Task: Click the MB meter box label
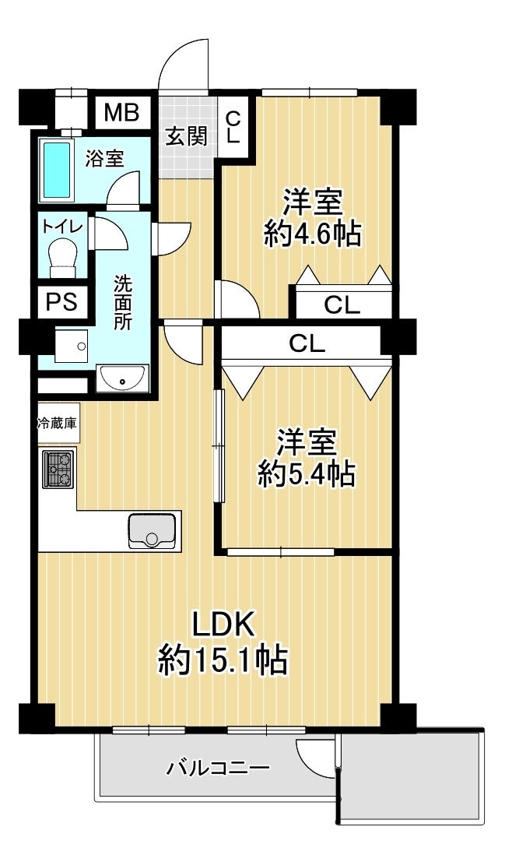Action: point(121,113)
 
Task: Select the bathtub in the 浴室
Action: point(57,170)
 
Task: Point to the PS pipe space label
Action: point(61,302)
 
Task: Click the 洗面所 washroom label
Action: point(122,301)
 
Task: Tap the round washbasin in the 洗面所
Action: point(122,378)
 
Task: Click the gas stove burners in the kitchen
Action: point(58,469)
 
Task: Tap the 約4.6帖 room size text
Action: point(312,234)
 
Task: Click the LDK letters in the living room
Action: point(222,624)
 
